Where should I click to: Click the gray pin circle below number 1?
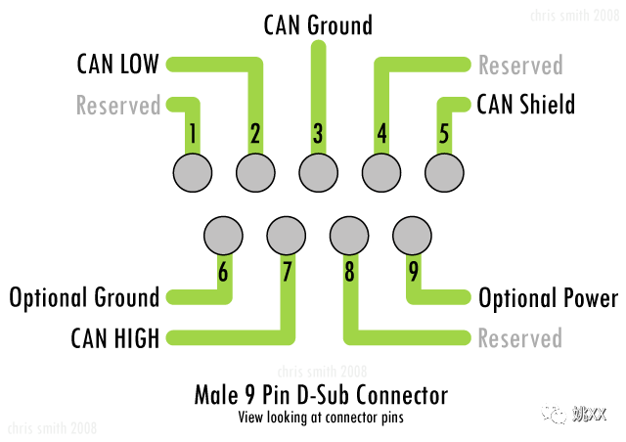(192, 173)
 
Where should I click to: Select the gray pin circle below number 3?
(318, 173)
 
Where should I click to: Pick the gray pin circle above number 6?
(223, 235)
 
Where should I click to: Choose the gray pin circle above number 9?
(413, 235)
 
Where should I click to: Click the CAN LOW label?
(117, 66)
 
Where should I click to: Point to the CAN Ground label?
(318, 24)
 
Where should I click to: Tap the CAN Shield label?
(525, 103)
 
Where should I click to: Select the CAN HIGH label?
(115, 338)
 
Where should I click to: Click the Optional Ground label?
(83, 297)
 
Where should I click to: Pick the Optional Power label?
(548, 297)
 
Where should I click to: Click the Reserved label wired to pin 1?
(117, 105)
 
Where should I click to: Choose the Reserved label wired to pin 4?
(520, 66)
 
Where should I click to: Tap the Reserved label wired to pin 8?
(520, 338)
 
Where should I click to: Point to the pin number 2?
(254, 134)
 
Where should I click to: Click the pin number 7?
(287, 273)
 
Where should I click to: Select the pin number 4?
(381, 134)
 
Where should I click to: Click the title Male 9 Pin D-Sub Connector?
(321, 396)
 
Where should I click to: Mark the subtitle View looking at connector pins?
(321, 416)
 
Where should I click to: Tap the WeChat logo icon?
(554, 414)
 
